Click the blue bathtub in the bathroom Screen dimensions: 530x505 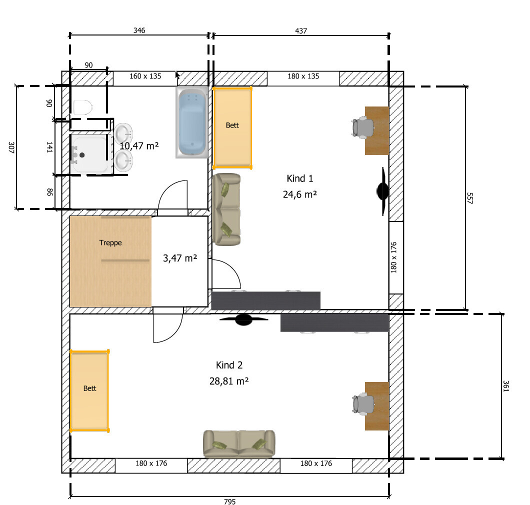pyautogui.click(x=191, y=122)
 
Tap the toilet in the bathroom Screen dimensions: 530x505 pyautogui.click(x=83, y=107)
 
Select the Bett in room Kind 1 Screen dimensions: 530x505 pyautogui.click(x=232, y=128)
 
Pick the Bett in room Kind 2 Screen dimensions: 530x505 pyautogui.click(x=89, y=391)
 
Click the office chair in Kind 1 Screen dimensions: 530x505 pyautogui.click(x=362, y=127)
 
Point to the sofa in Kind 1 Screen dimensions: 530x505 pyautogui.click(x=226, y=209)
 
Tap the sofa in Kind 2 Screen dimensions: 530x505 pyautogui.click(x=239, y=444)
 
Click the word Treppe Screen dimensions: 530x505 pyautogui.click(x=110, y=242)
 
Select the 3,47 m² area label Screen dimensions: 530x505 pyautogui.click(x=180, y=258)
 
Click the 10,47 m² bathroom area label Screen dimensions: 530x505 pyautogui.click(x=139, y=145)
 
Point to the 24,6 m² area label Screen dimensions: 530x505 pyautogui.click(x=300, y=194)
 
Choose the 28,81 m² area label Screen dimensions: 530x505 pyautogui.click(x=229, y=381)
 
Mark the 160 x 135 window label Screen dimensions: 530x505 pyautogui.click(x=145, y=76)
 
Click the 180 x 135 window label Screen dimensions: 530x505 pyautogui.click(x=303, y=76)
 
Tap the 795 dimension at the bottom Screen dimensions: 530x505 pyautogui.click(x=230, y=501)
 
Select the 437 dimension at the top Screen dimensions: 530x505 pyautogui.click(x=301, y=31)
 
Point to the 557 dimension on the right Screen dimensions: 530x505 pyautogui.click(x=469, y=198)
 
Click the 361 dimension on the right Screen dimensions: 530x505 pyautogui.click(x=505, y=386)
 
